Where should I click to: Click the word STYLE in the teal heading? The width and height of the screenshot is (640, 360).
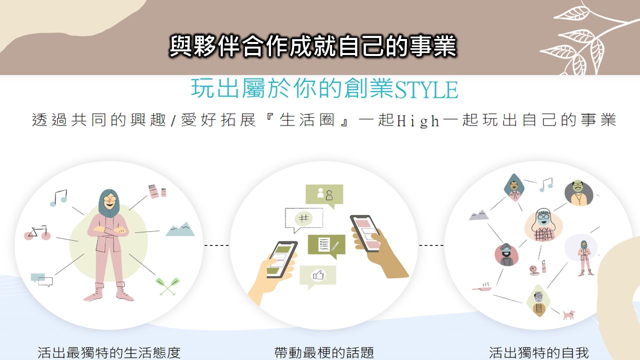(426, 89)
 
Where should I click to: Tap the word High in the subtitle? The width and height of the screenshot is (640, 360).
(418, 120)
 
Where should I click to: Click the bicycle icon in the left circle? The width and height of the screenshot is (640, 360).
(37, 232)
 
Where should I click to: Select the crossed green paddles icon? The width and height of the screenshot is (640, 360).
(167, 286)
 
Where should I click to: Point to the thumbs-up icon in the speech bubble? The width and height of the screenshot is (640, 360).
(318, 275)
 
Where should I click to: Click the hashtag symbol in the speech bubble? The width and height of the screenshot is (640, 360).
(303, 218)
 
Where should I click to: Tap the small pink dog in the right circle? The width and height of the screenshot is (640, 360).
(568, 314)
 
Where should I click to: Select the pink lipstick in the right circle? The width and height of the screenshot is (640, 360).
(543, 266)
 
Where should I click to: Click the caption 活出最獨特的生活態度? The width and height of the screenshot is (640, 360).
(109, 352)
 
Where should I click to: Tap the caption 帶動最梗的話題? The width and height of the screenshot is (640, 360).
(324, 352)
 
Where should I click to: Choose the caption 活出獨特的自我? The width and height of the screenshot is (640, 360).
(538, 352)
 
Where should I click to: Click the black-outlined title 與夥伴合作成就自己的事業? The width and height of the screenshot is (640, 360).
(313, 45)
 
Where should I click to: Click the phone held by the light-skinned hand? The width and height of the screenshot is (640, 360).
(281, 259)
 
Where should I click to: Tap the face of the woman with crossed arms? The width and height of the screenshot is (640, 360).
(109, 199)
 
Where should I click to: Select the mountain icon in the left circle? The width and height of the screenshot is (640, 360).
(180, 229)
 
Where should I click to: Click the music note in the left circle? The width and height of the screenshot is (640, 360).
(58, 197)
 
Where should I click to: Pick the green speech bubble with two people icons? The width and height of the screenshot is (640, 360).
(324, 196)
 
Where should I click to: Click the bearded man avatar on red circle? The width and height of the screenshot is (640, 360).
(506, 254)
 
